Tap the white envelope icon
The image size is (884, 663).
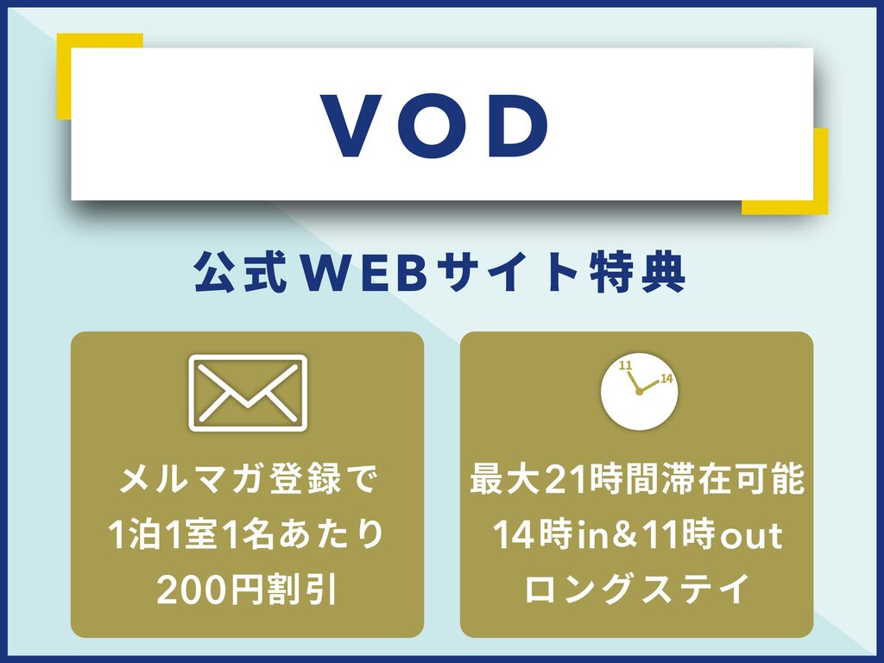coord(248,393)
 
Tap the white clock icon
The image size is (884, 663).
coord(640,392)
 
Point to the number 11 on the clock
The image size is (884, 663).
coord(625,365)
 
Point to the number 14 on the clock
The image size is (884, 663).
coord(666,378)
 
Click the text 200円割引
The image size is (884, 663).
coord(248,589)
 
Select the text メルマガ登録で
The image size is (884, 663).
coord(248,480)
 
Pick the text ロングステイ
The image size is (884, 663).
coord(637,588)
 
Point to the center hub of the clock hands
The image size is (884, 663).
coord(639,392)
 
